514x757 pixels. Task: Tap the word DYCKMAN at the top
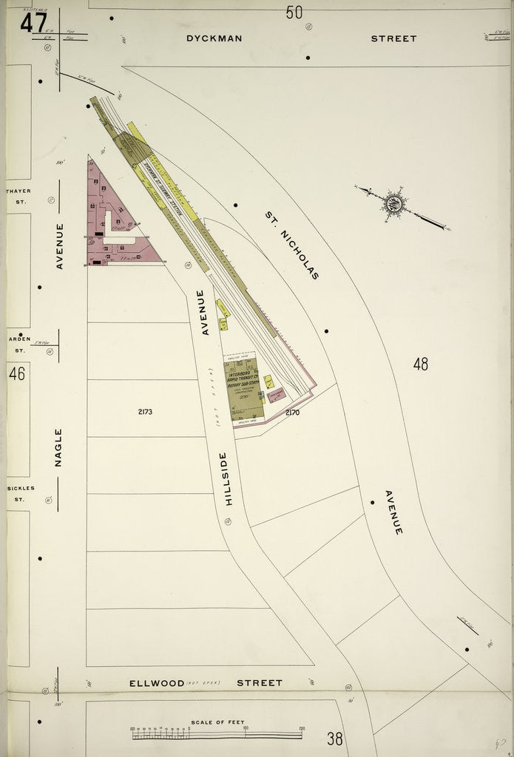coord(214,38)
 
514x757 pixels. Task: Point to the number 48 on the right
coord(421,364)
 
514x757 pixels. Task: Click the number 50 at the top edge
coord(294,12)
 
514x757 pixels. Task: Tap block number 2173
coord(143,412)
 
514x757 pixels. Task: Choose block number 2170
coord(292,413)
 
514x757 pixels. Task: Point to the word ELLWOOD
coord(157,683)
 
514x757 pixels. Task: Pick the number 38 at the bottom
coord(334,738)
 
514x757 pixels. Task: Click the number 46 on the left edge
coord(16,374)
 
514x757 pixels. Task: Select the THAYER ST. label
coord(18,195)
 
